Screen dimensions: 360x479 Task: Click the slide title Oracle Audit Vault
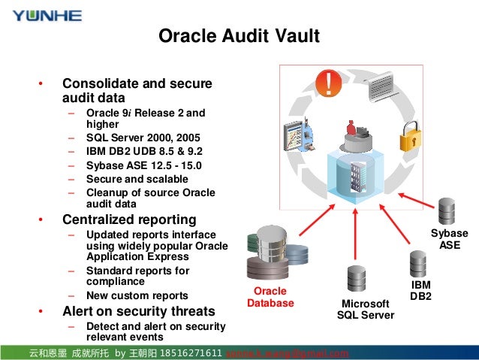pyautogui.click(x=239, y=36)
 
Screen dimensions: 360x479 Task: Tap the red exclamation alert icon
pyautogui.click(x=328, y=82)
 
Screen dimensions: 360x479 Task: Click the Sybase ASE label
pyautogui.click(x=450, y=239)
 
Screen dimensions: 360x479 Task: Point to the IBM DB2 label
pyautogui.click(x=420, y=291)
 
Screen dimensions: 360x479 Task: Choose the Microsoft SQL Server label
pyautogui.click(x=366, y=309)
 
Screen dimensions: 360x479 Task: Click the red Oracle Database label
pyautogui.click(x=270, y=297)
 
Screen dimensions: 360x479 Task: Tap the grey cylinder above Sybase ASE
pyautogui.click(x=447, y=212)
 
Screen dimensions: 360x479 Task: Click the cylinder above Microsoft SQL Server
pyautogui.click(x=355, y=279)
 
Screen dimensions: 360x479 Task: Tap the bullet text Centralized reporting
pyautogui.click(x=129, y=220)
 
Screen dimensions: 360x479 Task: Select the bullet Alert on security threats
pyautogui.click(x=138, y=311)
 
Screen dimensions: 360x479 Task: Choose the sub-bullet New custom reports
pyautogui.click(x=137, y=295)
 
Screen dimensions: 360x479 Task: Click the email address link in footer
pyautogui.click(x=288, y=353)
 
